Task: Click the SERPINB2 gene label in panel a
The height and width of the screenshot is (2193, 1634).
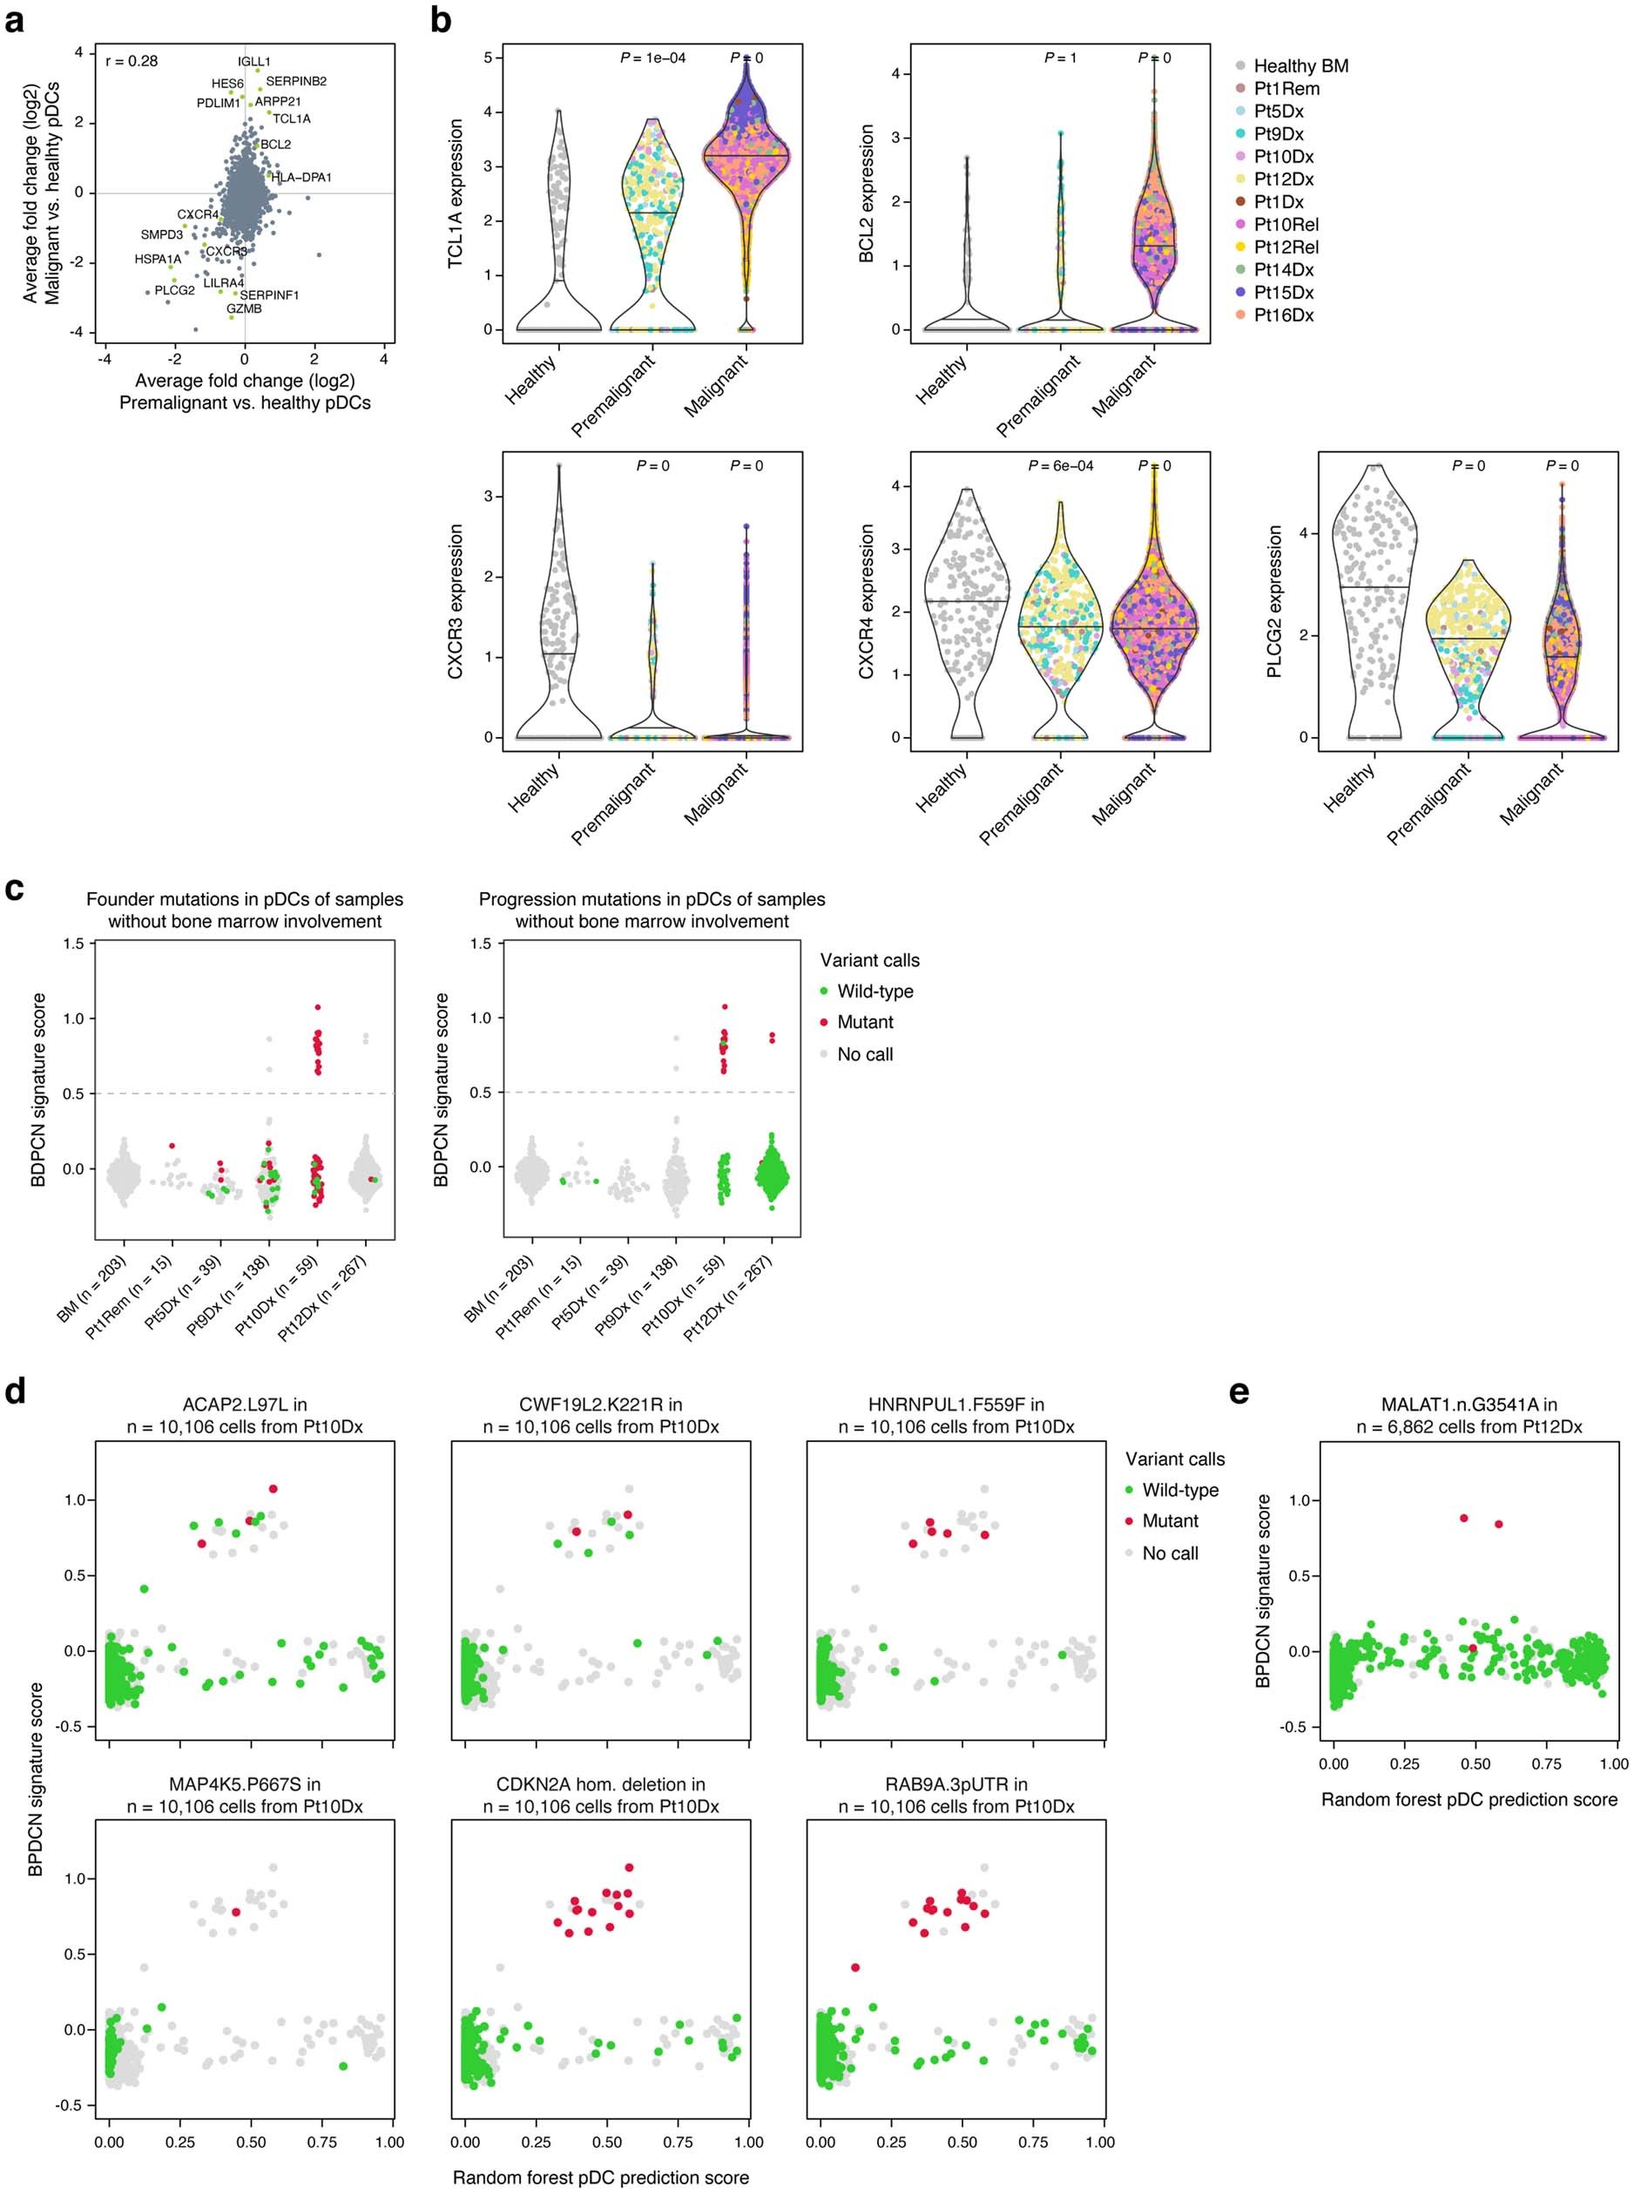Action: point(296,81)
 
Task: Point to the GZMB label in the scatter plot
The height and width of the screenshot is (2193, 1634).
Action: point(244,308)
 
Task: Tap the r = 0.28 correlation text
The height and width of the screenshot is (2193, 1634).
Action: point(132,61)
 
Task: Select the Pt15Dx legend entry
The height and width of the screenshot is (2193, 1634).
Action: point(1283,293)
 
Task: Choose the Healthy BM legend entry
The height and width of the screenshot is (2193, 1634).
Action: point(1300,66)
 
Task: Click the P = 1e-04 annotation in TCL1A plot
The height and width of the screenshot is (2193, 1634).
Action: point(652,58)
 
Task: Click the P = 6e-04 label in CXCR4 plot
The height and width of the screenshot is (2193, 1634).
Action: point(1060,466)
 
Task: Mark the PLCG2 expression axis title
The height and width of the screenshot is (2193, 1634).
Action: point(1274,600)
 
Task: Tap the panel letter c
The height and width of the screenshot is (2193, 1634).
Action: point(14,887)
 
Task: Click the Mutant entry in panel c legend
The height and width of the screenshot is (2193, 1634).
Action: point(865,1022)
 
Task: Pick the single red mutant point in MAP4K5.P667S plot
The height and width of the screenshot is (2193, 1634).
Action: point(235,1912)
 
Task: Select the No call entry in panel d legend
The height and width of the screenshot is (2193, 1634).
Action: point(1169,1553)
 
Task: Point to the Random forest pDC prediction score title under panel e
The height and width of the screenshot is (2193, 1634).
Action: point(1469,1799)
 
